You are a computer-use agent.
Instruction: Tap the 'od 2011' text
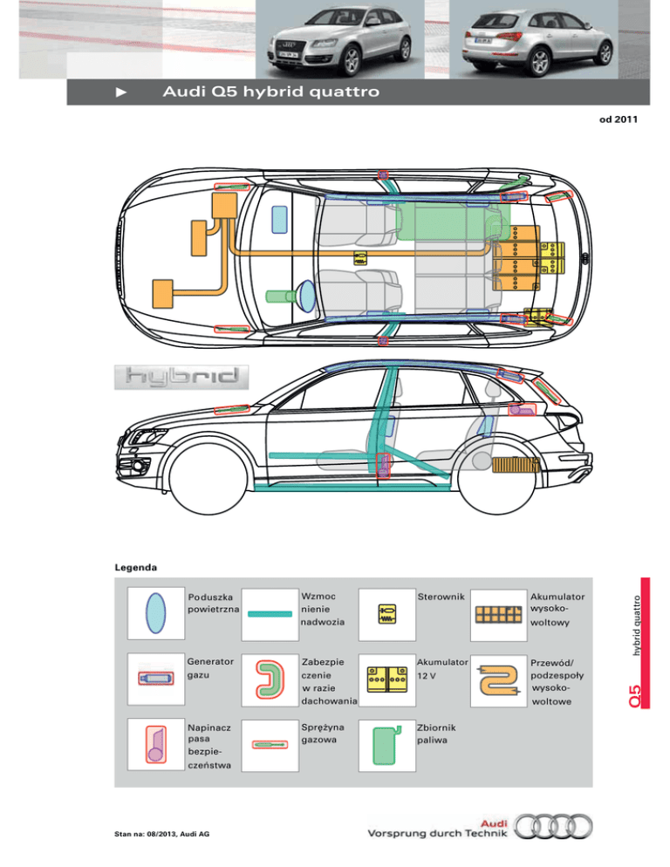pos(619,119)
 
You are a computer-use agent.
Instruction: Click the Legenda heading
pos(135,568)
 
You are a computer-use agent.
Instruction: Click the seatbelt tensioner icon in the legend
pos(155,744)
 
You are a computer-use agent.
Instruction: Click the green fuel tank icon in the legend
pos(385,744)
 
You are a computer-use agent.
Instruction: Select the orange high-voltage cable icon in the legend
pos(500,677)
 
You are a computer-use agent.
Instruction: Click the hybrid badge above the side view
pos(181,377)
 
